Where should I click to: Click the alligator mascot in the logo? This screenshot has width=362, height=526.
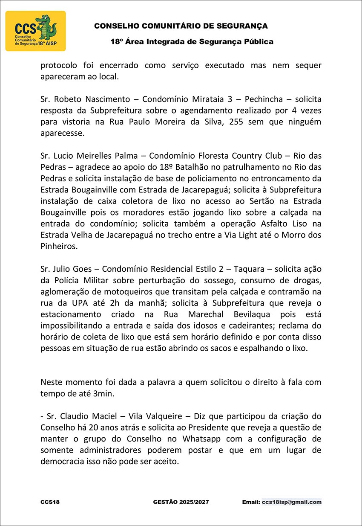click(46, 28)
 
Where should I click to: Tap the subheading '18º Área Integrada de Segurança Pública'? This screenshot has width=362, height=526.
click(192, 42)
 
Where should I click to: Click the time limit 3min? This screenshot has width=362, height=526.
click(103, 393)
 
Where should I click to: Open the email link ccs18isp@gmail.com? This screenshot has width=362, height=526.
click(292, 502)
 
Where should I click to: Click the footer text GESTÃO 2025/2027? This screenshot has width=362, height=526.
click(181, 502)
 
